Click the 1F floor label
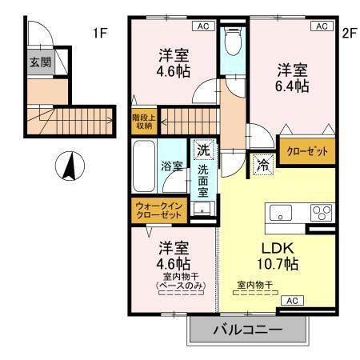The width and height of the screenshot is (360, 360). tap(99, 33)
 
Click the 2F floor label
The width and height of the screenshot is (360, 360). tap(348, 33)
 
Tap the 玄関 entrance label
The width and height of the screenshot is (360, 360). tap(38, 62)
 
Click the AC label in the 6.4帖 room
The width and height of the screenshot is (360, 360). tap(321, 26)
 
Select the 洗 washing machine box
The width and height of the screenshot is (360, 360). tap(203, 149)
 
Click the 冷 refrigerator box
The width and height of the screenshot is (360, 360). tap(262, 165)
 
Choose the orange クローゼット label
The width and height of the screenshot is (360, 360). tap(304, 150)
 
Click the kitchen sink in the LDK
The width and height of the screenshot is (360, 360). tap(282, 213)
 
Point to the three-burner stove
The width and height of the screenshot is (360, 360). tap(322, 213)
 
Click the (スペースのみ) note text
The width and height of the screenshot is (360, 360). tap(174, 285)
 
